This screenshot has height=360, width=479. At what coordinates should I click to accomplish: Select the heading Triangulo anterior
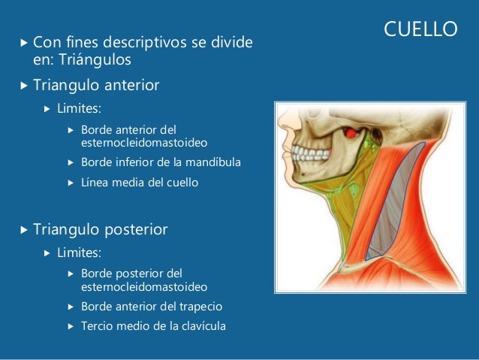pyautogui.click(x=96, y=86)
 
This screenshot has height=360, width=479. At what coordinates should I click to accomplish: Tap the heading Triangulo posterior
pyautogui.click(x=101, y=228)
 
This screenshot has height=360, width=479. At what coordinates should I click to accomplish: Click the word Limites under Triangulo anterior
pyautogui.click(x=84, y=109)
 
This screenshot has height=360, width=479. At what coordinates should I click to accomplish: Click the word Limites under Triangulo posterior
pyautogui.click(x=84, y=252)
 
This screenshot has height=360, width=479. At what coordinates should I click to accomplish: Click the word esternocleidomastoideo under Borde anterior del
pyautogui.click(x=145, y=141)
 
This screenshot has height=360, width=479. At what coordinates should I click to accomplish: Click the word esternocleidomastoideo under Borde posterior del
pyautogui.click(x=145, y=287)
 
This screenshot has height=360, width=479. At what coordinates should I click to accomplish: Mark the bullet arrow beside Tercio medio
pyautogui.click(x=71, y=327)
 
